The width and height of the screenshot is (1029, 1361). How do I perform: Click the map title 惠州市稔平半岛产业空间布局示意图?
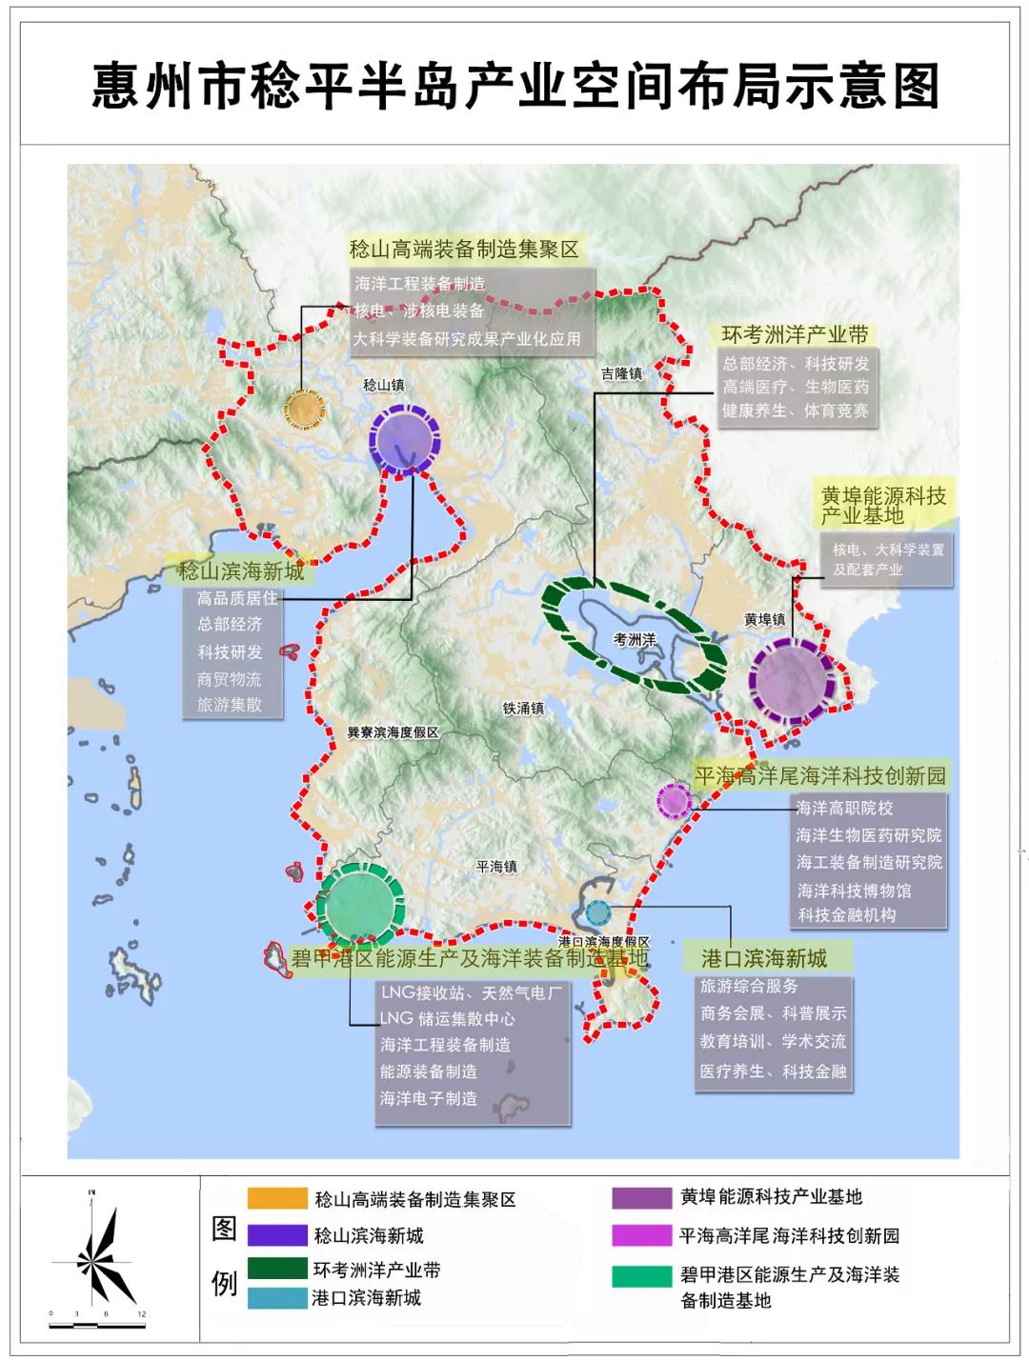(x=515, y=87)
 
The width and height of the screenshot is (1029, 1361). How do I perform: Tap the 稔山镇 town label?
(x=384, y=386)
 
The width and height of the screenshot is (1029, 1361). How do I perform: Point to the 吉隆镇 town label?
(x=621, y=374)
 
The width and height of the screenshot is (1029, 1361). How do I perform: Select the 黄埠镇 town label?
(x=765, y=620)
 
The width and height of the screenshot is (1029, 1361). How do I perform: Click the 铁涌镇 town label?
(x=523, y=709)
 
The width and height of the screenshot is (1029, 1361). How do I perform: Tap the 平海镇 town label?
(x=496, y=867)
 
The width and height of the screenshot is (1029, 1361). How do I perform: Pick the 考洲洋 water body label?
(x=635, y=640)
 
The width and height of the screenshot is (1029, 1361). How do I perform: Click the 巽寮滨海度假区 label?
(x=393, y=732)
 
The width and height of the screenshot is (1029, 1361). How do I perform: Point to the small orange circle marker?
(x=304, y=410)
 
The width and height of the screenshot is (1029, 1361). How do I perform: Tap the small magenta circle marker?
(x=675, y=800)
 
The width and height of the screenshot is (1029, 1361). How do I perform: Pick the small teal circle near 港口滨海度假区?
(x=597, y=912)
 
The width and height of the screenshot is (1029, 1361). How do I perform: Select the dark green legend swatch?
(x=275, y=1269)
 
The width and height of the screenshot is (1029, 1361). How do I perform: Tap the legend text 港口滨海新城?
(x=366, y=1298)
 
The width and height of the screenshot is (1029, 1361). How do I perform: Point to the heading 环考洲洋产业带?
(x=796, y=335)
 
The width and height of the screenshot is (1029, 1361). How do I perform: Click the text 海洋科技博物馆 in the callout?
(x=854, y=891)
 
